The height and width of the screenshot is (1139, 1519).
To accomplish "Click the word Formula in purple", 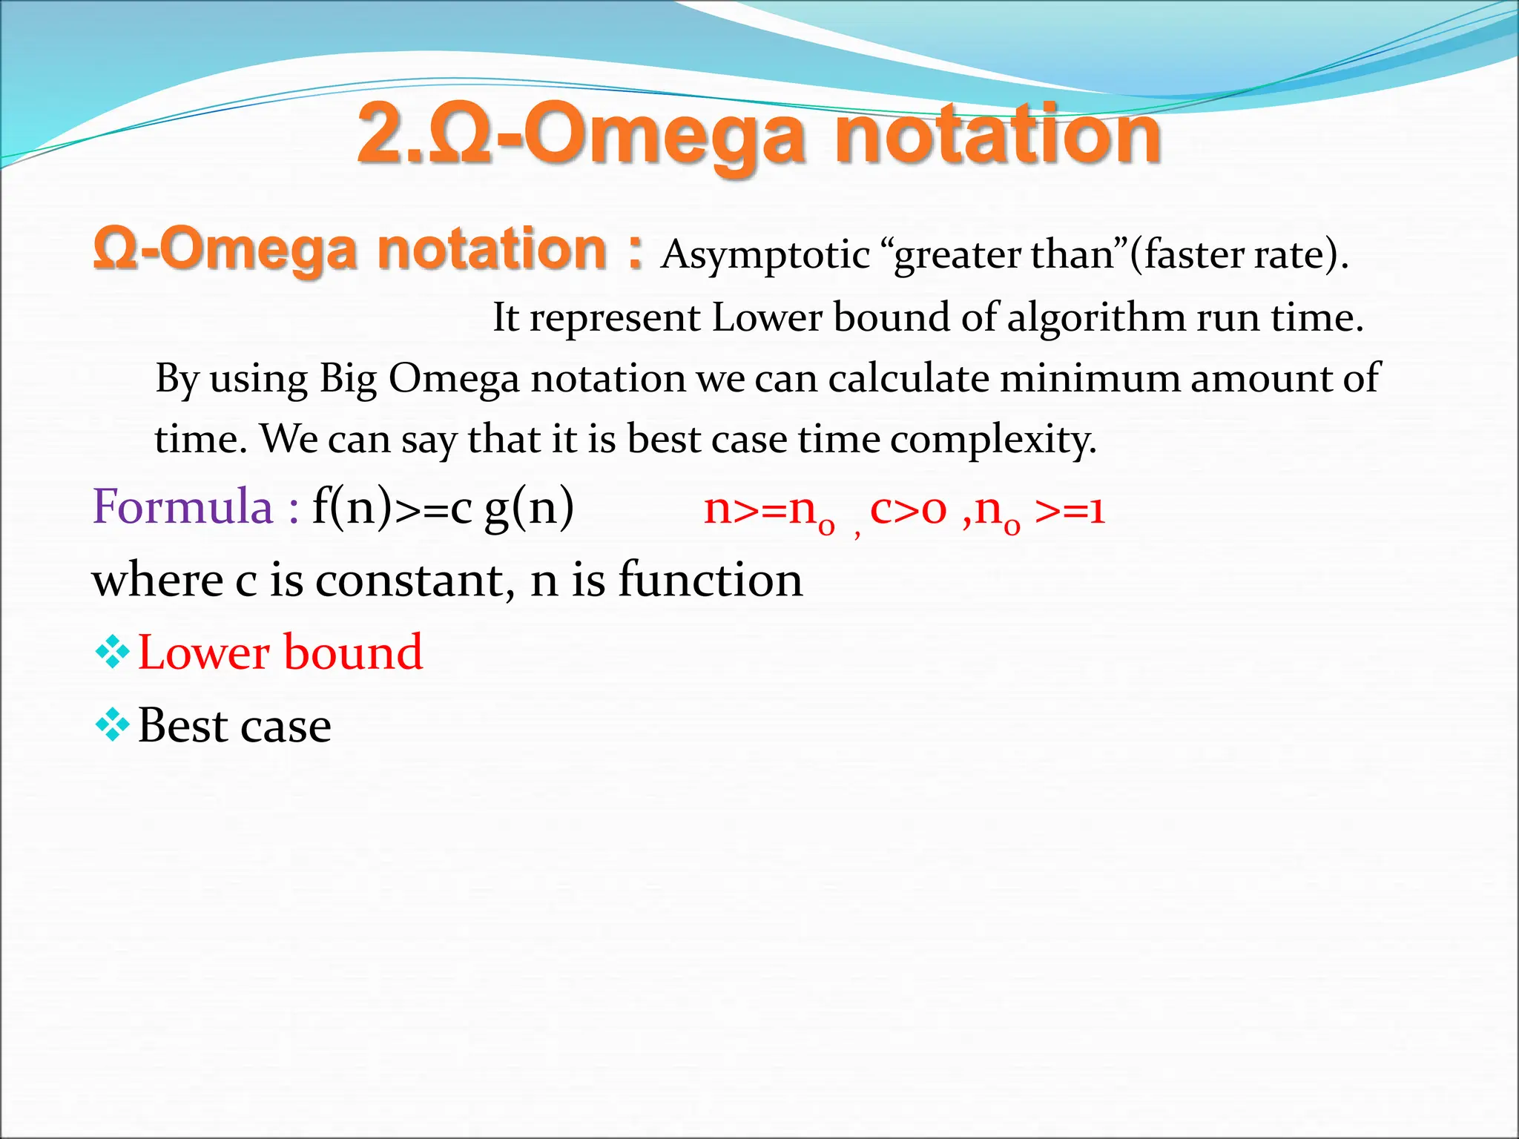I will point(182,508).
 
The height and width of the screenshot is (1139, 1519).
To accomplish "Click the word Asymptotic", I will point(765,256).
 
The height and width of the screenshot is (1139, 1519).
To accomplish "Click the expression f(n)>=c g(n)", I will point(443,508).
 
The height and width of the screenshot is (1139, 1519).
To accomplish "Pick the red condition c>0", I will point(908,510).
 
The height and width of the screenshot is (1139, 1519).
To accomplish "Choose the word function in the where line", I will point(710,580).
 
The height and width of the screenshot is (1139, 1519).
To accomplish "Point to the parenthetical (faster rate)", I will point(1238,256).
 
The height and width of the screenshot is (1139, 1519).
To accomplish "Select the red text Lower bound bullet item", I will point(280,653).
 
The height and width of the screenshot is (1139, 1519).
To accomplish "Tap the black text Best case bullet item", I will point(234,725).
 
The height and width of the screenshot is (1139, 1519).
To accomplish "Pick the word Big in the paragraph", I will point(348,379).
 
